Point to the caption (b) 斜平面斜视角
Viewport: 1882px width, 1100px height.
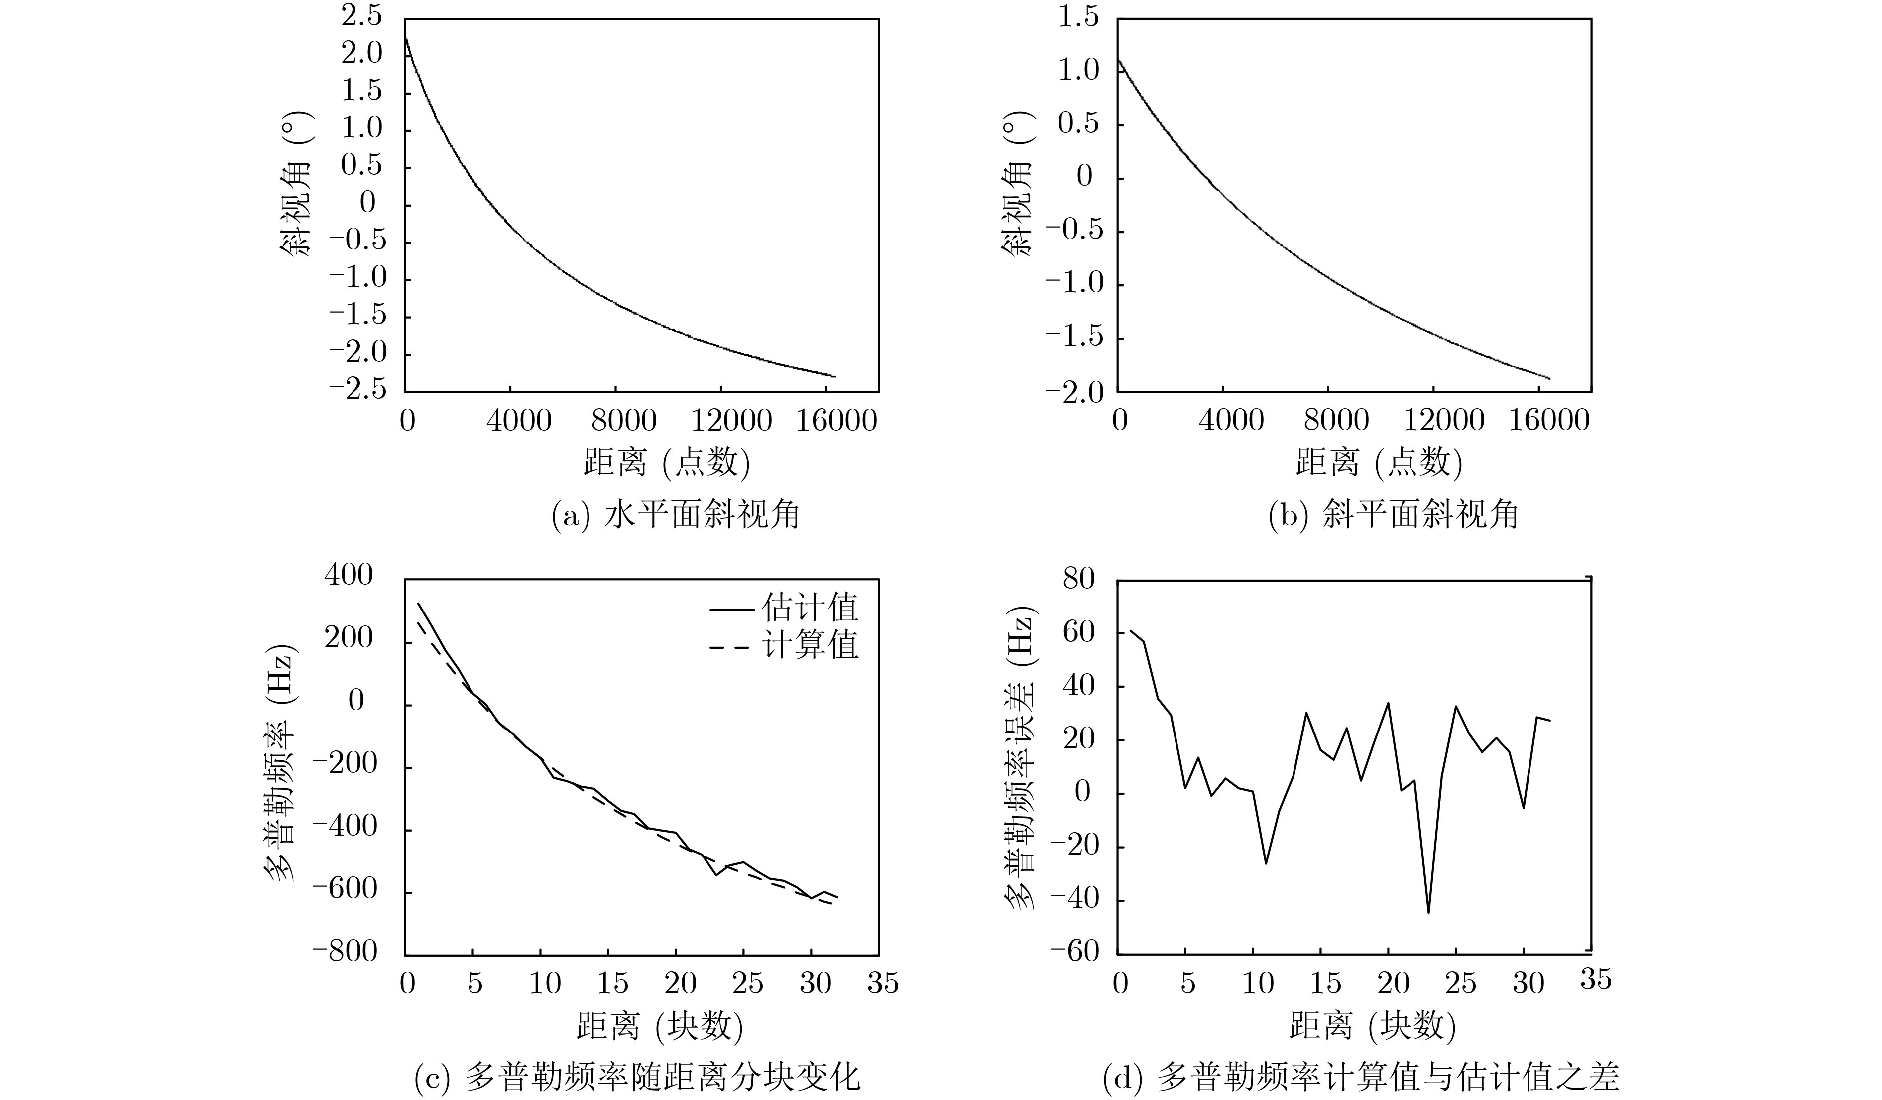(x=1394, y=515)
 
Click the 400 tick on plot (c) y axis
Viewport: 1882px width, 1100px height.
(x=348, y=575)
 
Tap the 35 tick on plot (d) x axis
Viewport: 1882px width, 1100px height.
(x=1596, y=979)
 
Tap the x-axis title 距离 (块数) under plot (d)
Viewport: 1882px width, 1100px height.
(x=1373, y=1027)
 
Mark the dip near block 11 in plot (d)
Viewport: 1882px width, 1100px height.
(x=1266, y=863)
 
